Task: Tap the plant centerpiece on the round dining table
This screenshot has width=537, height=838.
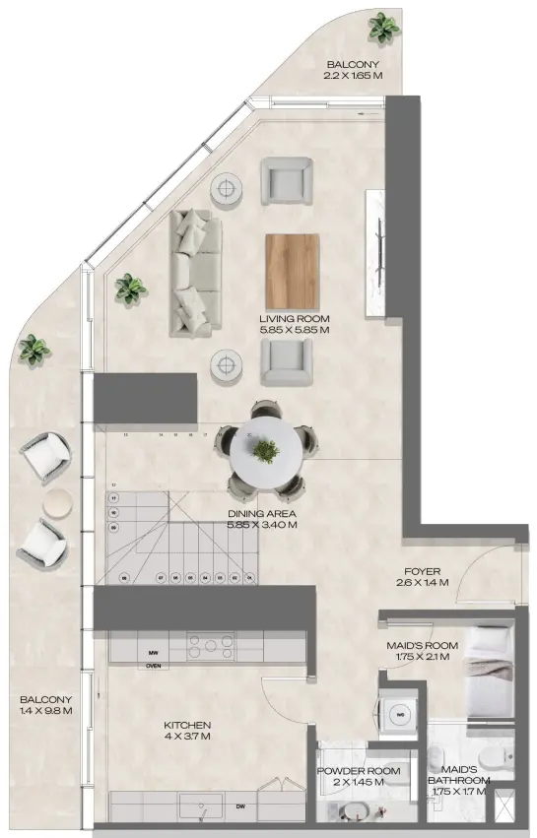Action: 264,452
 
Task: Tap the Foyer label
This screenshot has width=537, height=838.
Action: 423,571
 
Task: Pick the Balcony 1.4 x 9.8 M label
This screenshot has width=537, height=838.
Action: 45,705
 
